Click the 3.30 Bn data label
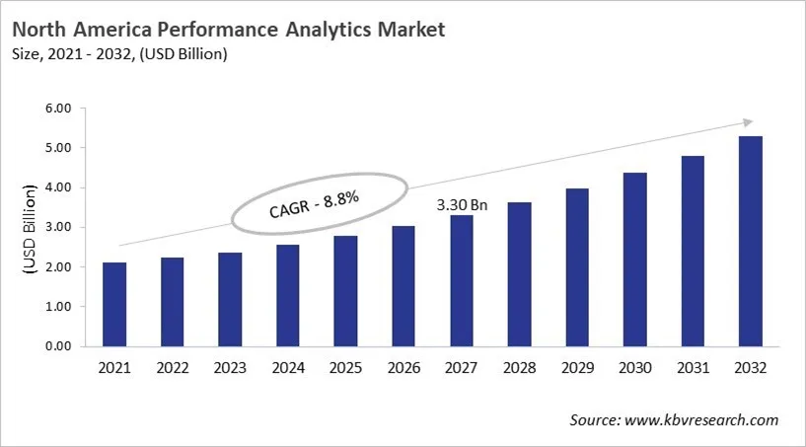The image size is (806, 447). [x=463, y=204]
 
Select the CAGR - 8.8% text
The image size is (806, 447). [x=313, y=206]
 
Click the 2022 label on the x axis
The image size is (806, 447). [x=172, y=368]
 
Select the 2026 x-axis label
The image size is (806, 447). [x=403, y=368]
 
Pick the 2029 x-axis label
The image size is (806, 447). [x=576, y=368]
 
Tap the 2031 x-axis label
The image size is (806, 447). [x=692, y=368]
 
